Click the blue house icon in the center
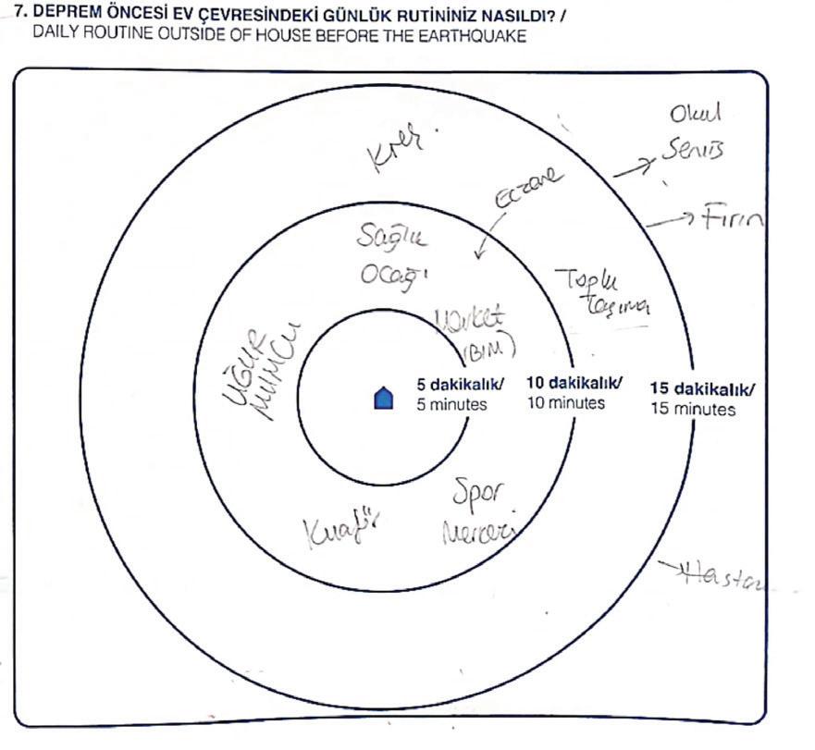pyautogui.click(x=383, y=398)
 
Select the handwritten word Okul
pyautogui.click(x=695, y=115)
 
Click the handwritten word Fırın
pyautogui.click(x=732, y=220)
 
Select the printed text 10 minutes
pyautogui.click(x=565, y=402)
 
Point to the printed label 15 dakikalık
pyautogui.click(x=702, y=388)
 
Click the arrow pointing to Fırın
pyautogui.click(x=670, y=221)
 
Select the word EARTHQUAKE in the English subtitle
pyautogui.click(x=480, y=36)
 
